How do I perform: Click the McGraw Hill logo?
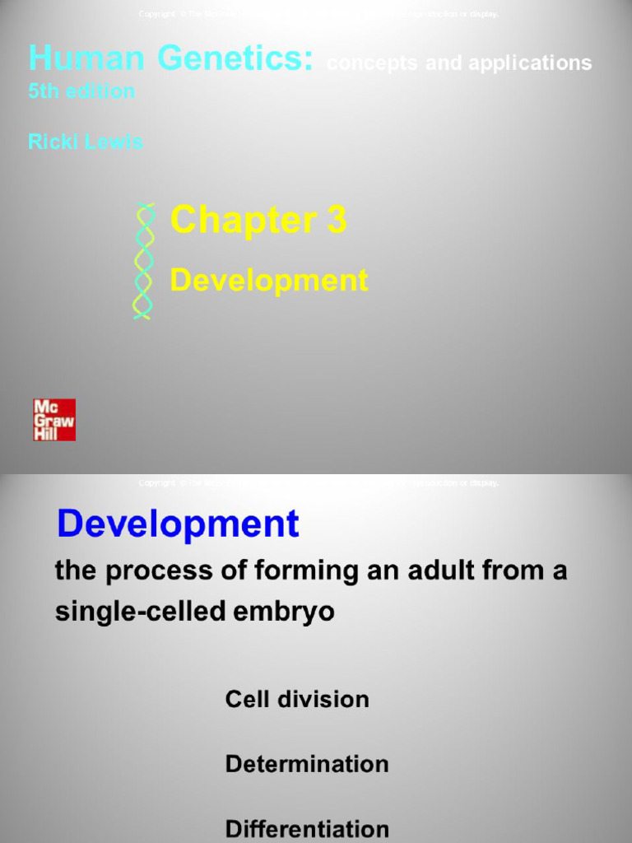click(x=54, y=420)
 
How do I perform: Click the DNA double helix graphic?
click(x=144, y=260)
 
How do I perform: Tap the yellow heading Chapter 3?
click(x=258, y=221)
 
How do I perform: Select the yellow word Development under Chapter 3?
click(x=268, y=281)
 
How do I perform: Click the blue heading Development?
click(x=178, y=524)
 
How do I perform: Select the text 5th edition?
click(x=81, y=91)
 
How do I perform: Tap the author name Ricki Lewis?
click(x=86, y=142)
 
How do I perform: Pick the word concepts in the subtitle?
click(x=363, y=63)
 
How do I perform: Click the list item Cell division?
click(x=297, y=700)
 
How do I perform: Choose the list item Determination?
click(x=307, y=764)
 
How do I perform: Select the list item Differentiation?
click(x=307, y=828)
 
